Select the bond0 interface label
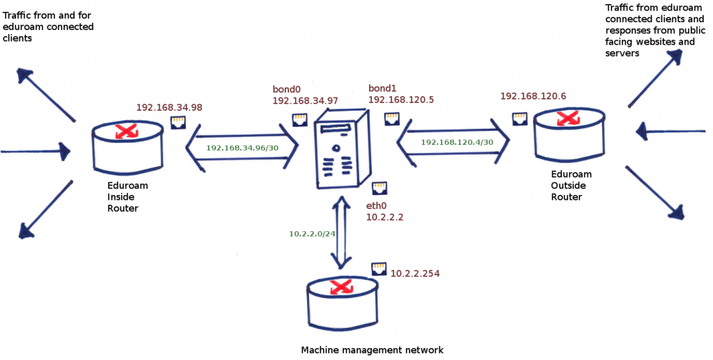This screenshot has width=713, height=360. pos(286,90)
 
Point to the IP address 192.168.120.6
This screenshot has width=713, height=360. pos(533,95)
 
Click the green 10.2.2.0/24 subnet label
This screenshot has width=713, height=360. pos(313,234)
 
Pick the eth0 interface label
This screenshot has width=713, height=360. pos(377,206)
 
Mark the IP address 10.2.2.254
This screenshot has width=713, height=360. pos(416,274)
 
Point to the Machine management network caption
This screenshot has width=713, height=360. pos(372,350)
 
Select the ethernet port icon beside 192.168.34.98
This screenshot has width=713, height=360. pos(178,123)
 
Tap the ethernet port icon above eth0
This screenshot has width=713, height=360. pos(379,188)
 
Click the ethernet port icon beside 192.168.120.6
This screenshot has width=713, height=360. pos(519,118)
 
